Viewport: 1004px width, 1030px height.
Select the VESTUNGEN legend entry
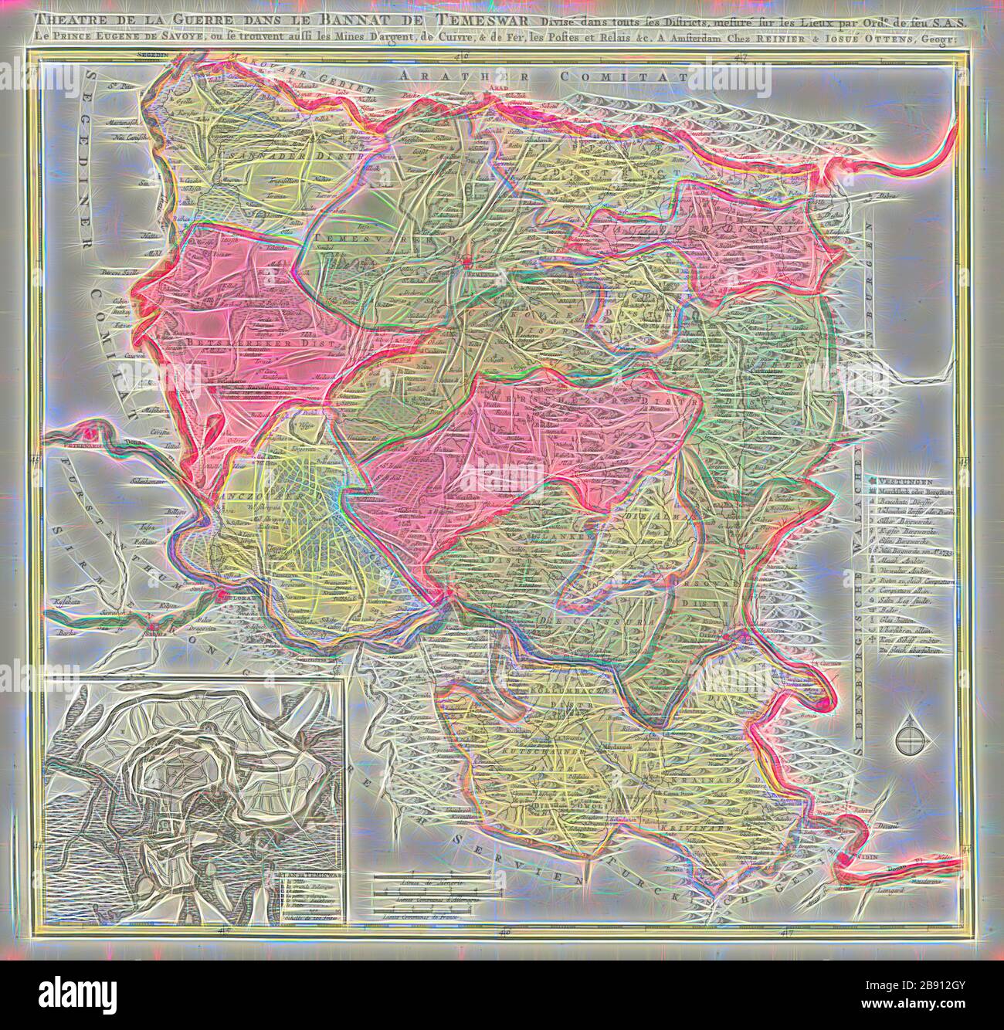click(x=908, y=478)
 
